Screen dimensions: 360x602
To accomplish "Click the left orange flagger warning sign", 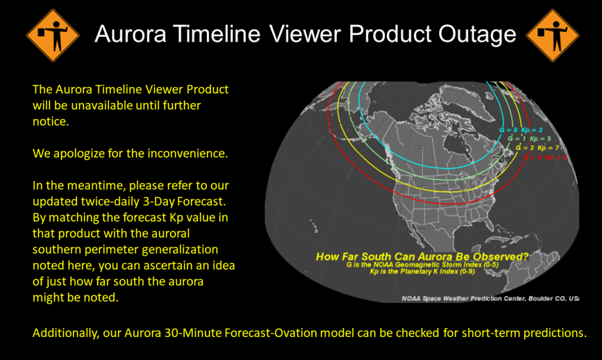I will coord(53,35).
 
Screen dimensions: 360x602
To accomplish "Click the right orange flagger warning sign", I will coord(551,35).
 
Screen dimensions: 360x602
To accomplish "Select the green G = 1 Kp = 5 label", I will coord(529,138).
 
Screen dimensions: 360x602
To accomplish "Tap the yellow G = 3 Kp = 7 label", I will coord(537,147).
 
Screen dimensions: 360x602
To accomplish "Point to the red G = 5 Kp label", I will coord(545,156).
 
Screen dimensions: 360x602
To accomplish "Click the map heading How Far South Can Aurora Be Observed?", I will coord(423,258).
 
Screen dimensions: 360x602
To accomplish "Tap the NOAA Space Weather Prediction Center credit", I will coord(490,298).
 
